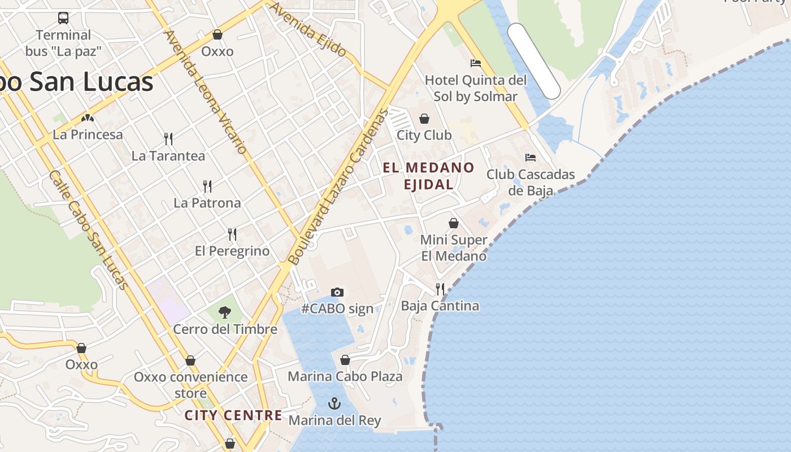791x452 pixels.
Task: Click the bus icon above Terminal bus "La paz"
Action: pos(63,18)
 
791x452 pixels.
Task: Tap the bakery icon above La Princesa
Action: pos(88,118)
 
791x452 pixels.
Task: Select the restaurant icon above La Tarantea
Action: pos(168,138)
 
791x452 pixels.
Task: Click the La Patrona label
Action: pos(207,203)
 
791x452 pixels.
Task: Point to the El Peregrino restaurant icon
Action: pos(232,234)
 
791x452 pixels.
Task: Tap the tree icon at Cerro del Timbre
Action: pos(225,312)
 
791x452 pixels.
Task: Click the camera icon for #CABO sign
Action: pos(337,292)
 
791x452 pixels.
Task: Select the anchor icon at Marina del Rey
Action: pos(334,403)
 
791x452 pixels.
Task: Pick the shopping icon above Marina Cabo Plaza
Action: pos(345,360)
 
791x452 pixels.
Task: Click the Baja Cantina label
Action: pos(440,306)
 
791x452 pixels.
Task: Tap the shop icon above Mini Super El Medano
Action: pos(453,223)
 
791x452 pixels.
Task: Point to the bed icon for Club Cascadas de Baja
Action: pos(530,157)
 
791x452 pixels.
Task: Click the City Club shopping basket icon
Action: pos(424,119)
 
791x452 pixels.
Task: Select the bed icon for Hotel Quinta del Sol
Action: pos(475,63)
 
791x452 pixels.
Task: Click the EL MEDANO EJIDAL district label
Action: pos(428,176)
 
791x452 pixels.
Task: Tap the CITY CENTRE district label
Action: pos(233,415)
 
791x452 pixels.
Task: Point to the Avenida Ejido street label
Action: pos(308,29)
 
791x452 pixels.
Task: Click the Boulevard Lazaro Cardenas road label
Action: pos(339,186)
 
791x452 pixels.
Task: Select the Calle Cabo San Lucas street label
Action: pos(88,229)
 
